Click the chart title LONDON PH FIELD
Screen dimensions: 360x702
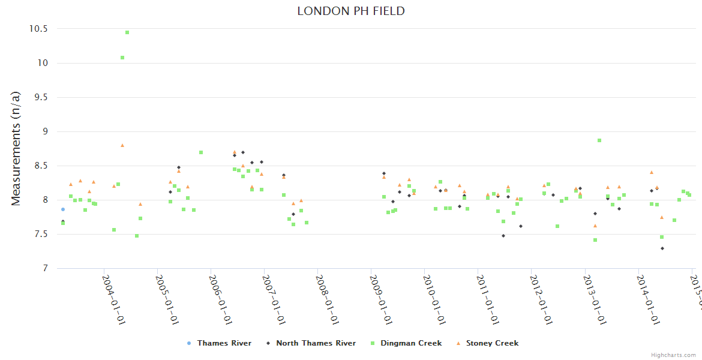coord(351,11)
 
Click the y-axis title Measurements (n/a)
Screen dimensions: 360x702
coord(16,148)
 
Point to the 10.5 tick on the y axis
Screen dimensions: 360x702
coord(38,29)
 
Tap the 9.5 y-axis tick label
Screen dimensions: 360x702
coord(41,97)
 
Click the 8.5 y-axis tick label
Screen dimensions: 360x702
coord(41,166)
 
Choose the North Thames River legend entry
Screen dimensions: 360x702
coord(315,343)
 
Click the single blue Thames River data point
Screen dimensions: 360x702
coord(62,209)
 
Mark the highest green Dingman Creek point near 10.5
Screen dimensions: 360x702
coord(127,32)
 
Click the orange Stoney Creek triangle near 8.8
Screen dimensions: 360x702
coord(122,145)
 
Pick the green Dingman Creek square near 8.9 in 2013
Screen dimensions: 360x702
coord(599,140)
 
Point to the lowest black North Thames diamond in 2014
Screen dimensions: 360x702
coord(662,248)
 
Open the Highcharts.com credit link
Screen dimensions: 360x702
coord(673,355)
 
